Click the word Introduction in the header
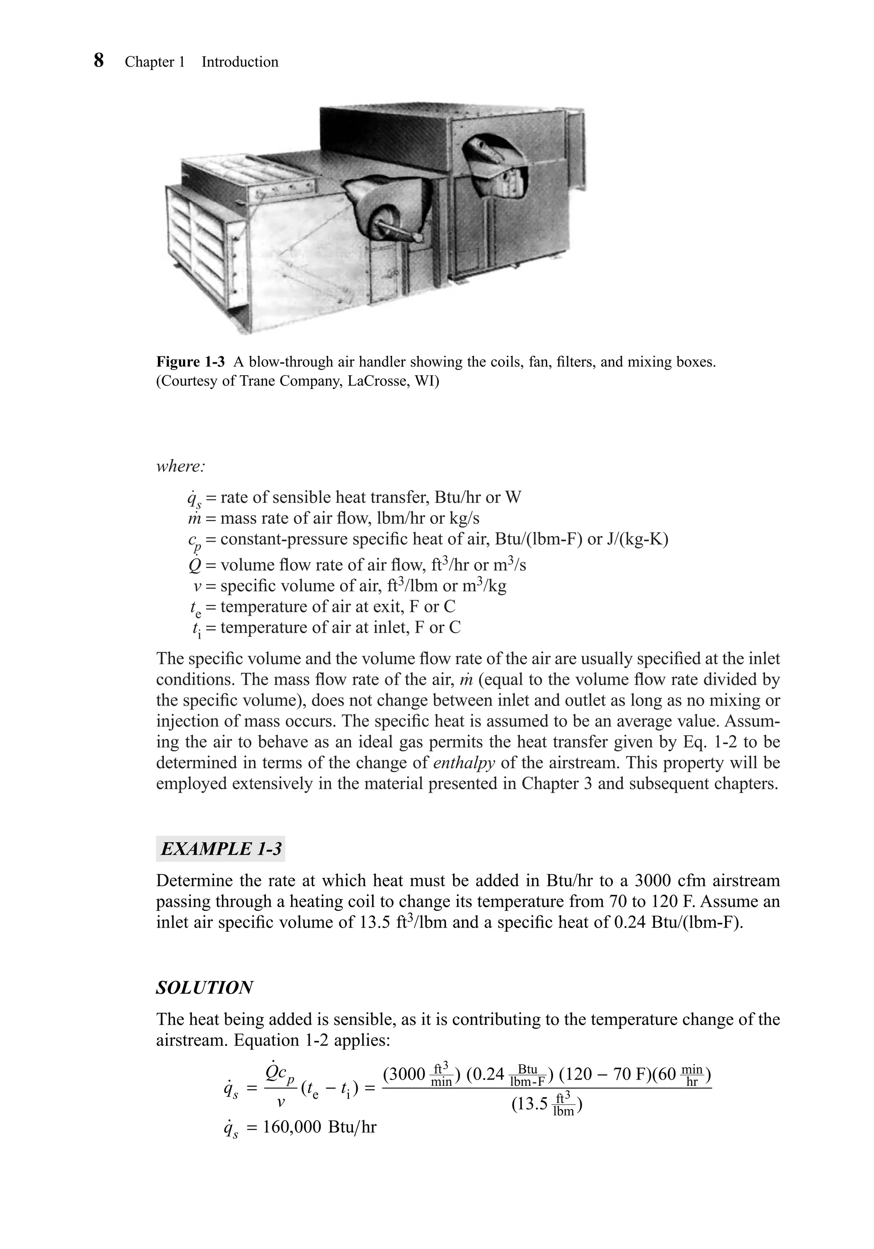tap(240, 62)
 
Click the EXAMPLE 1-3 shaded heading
tap(221, 849)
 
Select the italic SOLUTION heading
tap(204, 987)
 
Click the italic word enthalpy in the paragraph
tap(464, 763)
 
